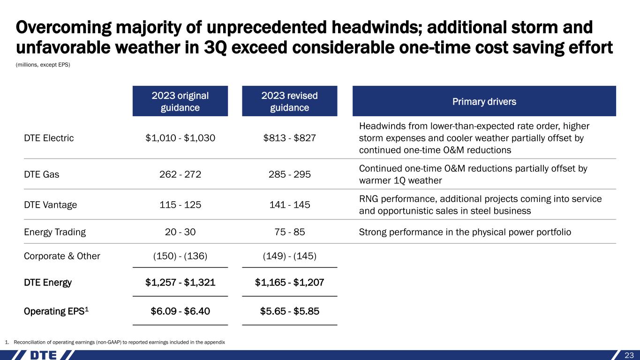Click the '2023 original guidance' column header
point(180,101)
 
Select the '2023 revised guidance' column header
point(289,101)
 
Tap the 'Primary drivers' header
point(484,102)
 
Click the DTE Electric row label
point(49,138)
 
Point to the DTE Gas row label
point(41,174)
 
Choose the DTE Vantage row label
point(51,204)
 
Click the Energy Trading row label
point(55,232)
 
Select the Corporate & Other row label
point(62,256)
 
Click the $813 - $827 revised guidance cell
point(289,138)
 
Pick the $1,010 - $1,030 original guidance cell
point(180,138)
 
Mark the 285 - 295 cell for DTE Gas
point(289,174)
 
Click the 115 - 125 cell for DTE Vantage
point(180,204)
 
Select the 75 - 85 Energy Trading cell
point(289,232)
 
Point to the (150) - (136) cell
point(180,256)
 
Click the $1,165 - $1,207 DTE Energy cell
point(289,283)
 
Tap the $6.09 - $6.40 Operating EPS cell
point(180,311)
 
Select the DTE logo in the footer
point(44,355)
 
